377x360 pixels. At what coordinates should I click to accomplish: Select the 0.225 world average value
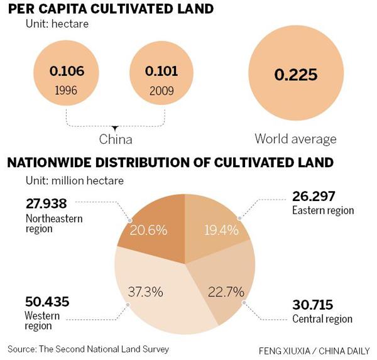295,76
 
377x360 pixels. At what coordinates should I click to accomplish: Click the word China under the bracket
116,138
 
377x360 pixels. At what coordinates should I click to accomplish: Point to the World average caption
295,138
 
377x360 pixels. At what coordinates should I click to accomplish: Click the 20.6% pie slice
148,230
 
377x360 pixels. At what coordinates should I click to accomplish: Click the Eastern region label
323,210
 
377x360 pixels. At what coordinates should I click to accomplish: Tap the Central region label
322,319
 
